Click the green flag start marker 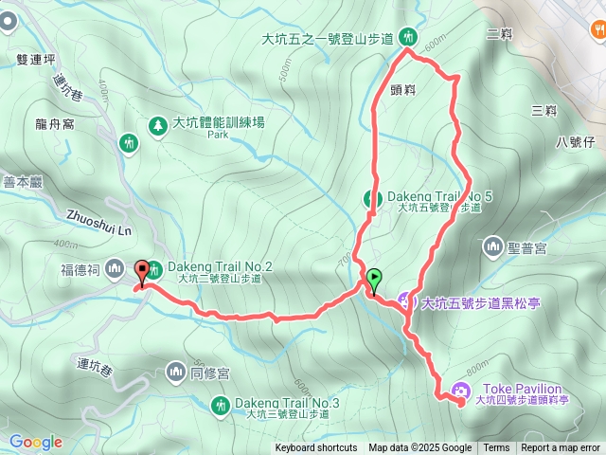[x=375, y=280]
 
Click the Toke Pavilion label [x=522, y=389]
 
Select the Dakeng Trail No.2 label [x=221, y=267]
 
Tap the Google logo [x=35, y=442]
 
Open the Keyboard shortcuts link [x=316, y=448]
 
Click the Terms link [x=496, y=448]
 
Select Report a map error [x=561, y=448]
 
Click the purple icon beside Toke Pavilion [x=460, y=390]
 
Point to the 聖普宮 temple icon [x=492, y=247]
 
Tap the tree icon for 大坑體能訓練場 [x=156, y=123]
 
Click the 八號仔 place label [x=575, y=142]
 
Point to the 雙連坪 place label [x=36, y=58]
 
